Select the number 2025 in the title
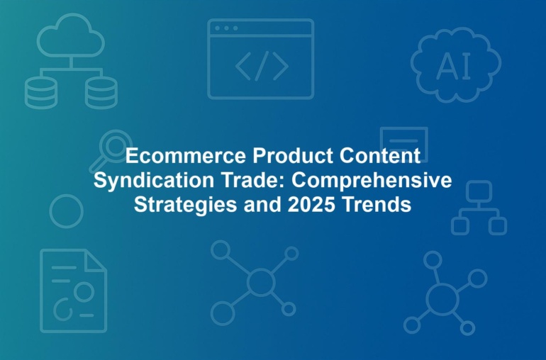pos(311,204)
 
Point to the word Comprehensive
pos(372,180)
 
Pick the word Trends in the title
pos(377,204)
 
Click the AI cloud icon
pos(456,65)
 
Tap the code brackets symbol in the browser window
pos(262,66)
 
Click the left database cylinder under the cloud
pos(40,93)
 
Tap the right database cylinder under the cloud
pos(101,93)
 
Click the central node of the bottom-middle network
pos(261,282)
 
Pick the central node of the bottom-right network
pos(442,300)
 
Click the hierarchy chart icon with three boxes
pos(479,208)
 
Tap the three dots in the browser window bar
pos(226,28)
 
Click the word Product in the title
pos(293,156)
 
